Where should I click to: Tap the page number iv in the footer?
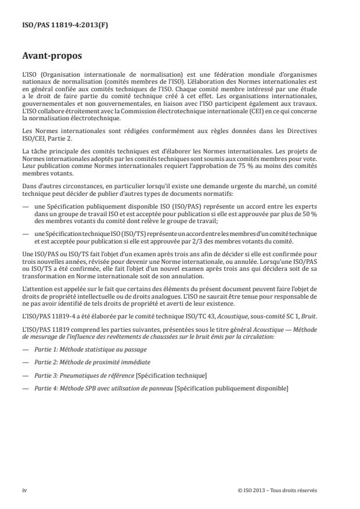pos(24,490)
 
